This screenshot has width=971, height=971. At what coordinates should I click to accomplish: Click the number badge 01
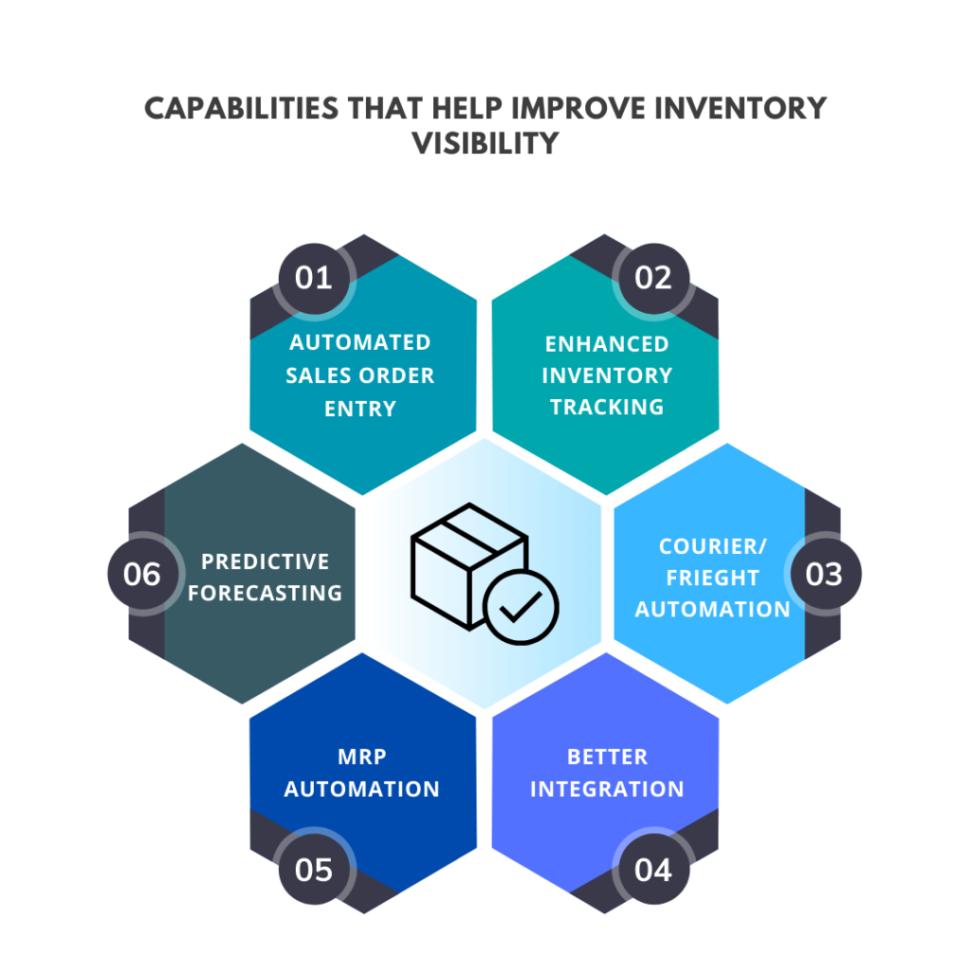(x=314, y=278)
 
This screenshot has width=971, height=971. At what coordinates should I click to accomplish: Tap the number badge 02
(x=653, y=278)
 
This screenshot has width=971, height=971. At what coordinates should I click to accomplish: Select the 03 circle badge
(x=825, y=574)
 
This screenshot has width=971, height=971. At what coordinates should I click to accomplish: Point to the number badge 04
(x=653, y=870)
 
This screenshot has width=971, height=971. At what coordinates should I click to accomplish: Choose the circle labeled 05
(x=314, y=870)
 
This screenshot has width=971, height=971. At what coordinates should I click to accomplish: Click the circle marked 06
(x=142, y=574)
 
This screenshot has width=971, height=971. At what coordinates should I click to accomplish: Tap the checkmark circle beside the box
(x=521, y=608)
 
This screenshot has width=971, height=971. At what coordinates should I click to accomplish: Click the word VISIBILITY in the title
(x=485, y=144)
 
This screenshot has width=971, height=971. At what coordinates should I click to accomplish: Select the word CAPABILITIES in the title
(x=242, y=108)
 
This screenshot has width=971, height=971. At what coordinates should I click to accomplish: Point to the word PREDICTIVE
(x=266, y=561)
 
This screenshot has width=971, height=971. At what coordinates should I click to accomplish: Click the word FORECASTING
(x=266, y=594)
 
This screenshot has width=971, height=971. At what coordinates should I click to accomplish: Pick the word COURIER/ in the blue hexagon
(x=713, y=546)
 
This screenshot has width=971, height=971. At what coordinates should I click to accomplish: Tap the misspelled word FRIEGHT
(x=713, y=577)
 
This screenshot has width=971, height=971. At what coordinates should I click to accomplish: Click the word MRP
(x=362, y=757)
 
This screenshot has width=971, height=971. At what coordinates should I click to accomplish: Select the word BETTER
(x=608, y=757)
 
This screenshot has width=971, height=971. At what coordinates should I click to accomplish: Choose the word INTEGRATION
(x=608, y=789)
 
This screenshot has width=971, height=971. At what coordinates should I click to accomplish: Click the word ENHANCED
(x=607, y=344)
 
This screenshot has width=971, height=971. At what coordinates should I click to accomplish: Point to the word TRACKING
(x=607, y=407)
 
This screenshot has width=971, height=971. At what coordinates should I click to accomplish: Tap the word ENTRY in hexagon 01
(x=360, y=409)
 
